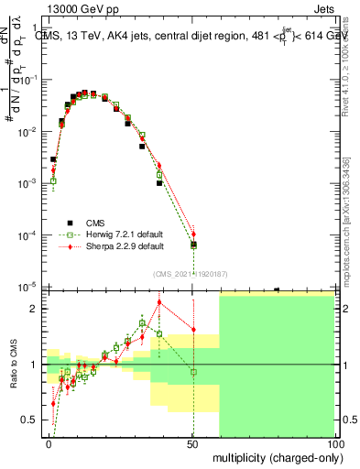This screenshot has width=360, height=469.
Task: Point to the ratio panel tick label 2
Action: click(36, 309)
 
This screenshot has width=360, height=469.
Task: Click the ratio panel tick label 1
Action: click(36, 365)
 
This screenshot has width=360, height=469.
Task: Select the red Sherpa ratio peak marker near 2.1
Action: click(159, 302)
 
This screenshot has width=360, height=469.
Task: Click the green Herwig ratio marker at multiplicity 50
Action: click(193, 371)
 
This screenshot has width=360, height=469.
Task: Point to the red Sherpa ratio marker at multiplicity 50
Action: click(193, 330)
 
